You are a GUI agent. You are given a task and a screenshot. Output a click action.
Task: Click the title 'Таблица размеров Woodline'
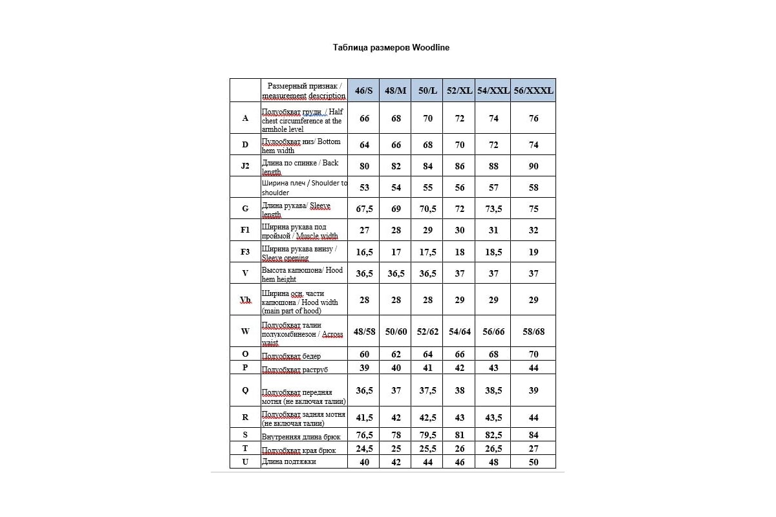(x=391, y=47)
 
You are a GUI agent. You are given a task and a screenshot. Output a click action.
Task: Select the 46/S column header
(x=364, y=91)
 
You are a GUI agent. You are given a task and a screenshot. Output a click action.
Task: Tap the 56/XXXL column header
(x=533, y=91)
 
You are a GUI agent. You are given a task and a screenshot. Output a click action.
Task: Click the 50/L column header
(x=427, y=91)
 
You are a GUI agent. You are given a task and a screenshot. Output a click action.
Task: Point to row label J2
(x=245, y=166)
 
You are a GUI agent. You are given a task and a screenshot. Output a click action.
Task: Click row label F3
(x=245, y=252)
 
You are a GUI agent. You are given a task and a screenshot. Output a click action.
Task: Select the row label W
(x=245, y=332)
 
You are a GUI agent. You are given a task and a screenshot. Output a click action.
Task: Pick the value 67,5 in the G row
(x=364, y=209)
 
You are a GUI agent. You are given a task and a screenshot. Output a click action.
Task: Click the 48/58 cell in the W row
(x=364, y=332)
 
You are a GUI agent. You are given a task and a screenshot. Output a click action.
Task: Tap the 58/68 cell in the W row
(x=533, y=332)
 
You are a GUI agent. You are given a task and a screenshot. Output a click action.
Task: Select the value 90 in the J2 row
(x=533, y=166)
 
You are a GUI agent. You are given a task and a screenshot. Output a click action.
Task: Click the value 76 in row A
(x=533, y=118)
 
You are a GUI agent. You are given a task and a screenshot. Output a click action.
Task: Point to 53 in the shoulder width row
(x=364, y=187)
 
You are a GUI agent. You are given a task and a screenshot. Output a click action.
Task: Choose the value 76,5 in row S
(x=364, y=435)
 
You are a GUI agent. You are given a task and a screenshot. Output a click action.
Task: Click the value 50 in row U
(x=533, y=463)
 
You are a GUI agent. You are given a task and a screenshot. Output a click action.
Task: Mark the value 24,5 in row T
(x=364, y=448)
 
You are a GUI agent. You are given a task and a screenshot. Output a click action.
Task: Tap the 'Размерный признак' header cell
(x=304, y=90)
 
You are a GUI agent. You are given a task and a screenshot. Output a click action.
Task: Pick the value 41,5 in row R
(x=364, y=417)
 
